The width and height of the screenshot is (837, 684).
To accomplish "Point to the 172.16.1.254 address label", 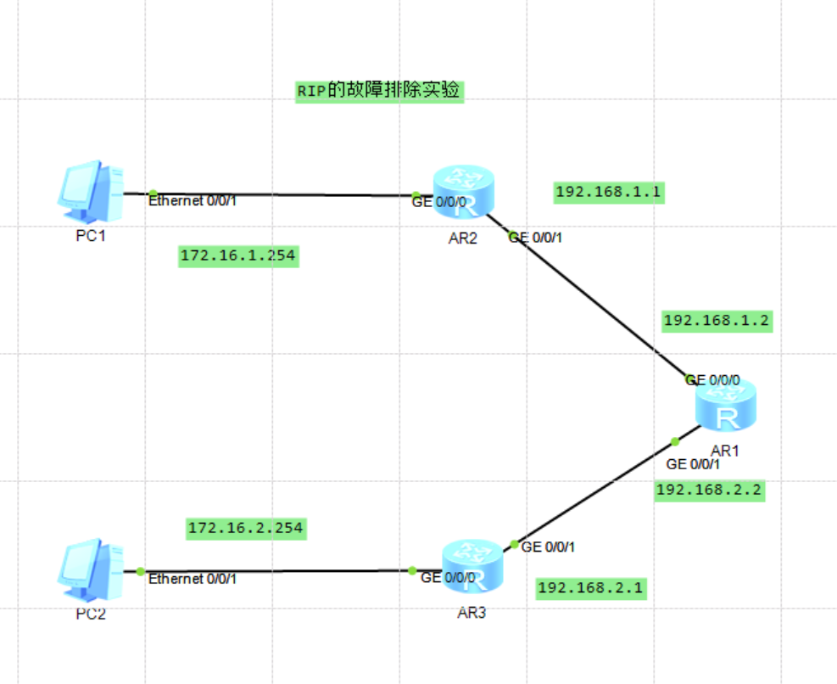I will tap(238, 255).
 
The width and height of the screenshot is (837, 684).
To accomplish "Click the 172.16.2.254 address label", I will tap(245, 528).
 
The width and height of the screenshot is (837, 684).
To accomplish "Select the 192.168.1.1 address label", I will tap(607, 193).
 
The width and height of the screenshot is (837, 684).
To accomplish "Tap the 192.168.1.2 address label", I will tap(717, 320).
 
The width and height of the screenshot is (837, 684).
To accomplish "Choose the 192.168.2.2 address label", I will tap(709, 490).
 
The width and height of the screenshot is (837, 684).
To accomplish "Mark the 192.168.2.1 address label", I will tap(591, 587).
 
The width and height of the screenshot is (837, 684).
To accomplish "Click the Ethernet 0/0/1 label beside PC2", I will tap(193, 579).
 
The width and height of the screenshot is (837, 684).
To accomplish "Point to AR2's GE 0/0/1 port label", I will tap(535, 238).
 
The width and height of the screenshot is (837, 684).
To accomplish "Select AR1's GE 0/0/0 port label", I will tap(713, 379).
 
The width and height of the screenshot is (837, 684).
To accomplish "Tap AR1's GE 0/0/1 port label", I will tap(693, 464).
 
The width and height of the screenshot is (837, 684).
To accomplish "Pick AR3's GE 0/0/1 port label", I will tap(548, 547).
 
